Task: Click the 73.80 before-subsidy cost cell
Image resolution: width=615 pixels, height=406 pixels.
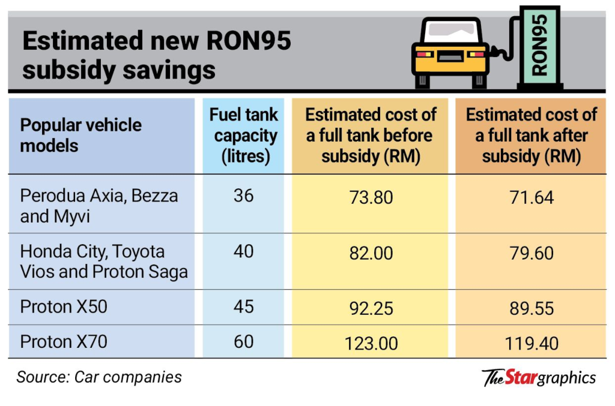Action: [x=371, y=197]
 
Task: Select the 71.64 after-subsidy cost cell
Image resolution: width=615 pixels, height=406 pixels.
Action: [x=532, y=197]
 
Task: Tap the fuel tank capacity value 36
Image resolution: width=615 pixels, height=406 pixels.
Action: [x=243, y=196]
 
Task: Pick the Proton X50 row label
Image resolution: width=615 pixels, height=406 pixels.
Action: [x=64, y=306]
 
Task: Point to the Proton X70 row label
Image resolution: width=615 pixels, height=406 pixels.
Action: [x=64, y=342]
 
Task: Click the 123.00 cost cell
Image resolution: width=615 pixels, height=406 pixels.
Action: [x=371, y=343]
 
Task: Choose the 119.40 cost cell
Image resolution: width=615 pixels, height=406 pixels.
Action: [x=532, y=343]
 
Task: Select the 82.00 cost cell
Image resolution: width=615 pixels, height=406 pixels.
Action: [x=371, y=253]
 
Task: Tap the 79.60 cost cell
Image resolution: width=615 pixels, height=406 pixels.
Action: [x=532, y=253]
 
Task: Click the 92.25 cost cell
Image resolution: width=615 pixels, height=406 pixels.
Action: [x=371, y=308]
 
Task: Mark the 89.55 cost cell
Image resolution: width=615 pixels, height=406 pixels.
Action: [x=532, y=308]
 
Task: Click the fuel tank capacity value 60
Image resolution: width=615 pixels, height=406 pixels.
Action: [x=243, y=342]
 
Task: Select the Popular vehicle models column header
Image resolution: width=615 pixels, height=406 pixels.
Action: [x=81, y=135]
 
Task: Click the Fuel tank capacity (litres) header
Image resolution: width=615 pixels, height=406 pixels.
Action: [x=243, y=135]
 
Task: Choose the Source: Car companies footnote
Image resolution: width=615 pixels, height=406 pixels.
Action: [x=99, y=377]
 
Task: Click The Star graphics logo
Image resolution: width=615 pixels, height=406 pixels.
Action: [x=539, y=377]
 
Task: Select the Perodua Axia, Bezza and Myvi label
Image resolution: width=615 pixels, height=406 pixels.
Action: [x=99, y=205]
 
